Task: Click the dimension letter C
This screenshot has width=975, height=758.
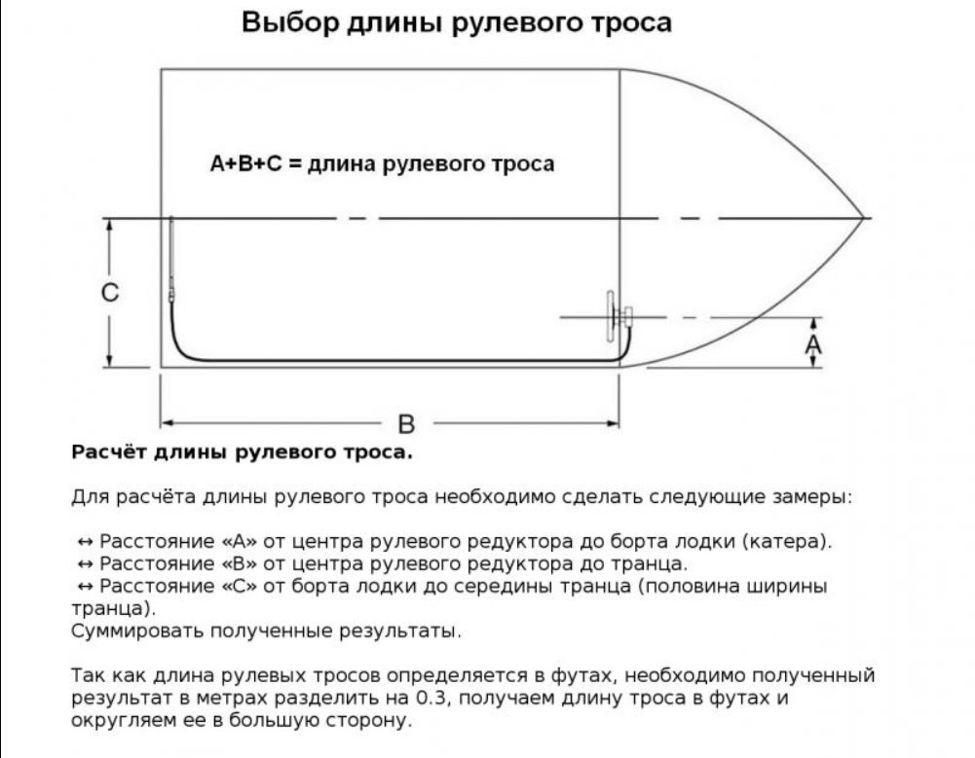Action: tap(111, 293)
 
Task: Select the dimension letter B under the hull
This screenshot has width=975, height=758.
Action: tap(406, 424)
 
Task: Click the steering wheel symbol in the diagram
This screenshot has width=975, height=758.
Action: tap(612, 316)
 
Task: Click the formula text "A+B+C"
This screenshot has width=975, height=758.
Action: tap(245, 163)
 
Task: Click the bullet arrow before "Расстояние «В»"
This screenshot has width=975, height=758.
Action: tap(85, 564)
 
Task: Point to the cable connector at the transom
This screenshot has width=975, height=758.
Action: tap(172, 292)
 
